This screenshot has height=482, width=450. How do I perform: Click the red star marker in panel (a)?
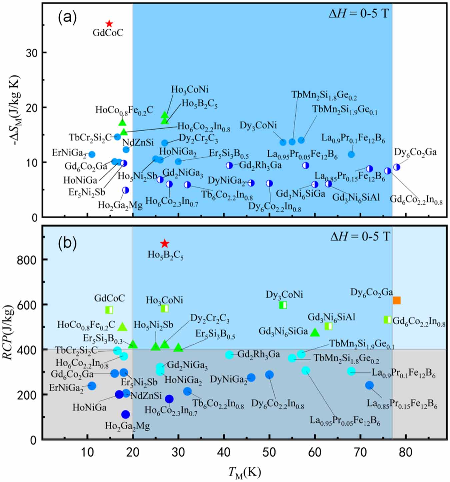pos(109,24)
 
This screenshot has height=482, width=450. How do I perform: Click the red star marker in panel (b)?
pos(164,244)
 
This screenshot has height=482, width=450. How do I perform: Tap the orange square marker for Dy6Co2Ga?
pos(397,300)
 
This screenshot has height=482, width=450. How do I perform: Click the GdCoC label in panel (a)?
pos(108,33)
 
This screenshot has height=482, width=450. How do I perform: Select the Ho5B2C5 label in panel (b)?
pos(165,255)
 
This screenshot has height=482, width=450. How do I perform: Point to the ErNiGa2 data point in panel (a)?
pos(92,154)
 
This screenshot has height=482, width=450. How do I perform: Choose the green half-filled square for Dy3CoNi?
pos(283,305)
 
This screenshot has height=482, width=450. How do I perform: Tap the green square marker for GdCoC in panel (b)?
pos(109,310)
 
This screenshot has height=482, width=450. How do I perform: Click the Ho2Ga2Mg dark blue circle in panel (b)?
pos(125,414)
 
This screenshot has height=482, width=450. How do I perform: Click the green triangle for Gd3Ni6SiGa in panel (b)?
pos(315,332)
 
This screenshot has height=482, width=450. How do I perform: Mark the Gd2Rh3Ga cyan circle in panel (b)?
pos(229,355)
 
